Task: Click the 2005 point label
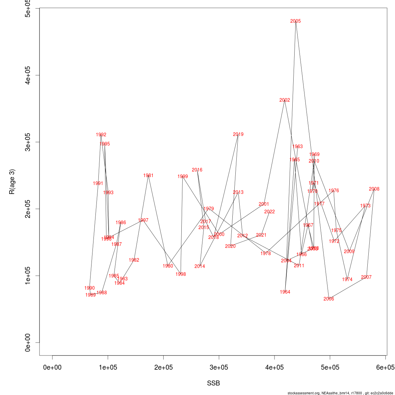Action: pyautogui.click(x=296, y=21)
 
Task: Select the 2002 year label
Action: pyautogui.click(x=285, y=100)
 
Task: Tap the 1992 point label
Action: pyautogui.click(x=101, y=135)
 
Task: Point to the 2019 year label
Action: pyautogui.click(x=238, y=134)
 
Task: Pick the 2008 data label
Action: pyautogui.click(x=374, y=189)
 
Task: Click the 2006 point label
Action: pyautogui.click(x=329, y=299)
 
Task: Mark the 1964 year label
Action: pyautogui.click(x=285, y=292)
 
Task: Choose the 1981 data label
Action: pyautogui.click(x=148, y=175)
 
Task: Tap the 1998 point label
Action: pyautogui.click(x=181, y=274)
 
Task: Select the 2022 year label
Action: pyautogui.click(x=270, y=212)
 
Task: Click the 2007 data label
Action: pyautogui.click(x=366, y=277)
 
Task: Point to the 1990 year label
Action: pyautogui.click(x=90, y=288)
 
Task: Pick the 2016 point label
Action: pyautogui.click(x=197, y=170)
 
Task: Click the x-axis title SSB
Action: pyautogui.click(x=213, y=383)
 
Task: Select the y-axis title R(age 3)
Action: pyautogui.click(x=12, y=182)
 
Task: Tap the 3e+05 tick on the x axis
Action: pyautogui.click(x=219, y=367)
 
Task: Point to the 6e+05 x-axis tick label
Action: pyautogui.click(x=385, y=367)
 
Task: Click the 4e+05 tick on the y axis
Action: pyautogui.click(x=28, y=75)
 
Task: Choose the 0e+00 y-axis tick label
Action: pyautogui.click(x=28, y=342)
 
